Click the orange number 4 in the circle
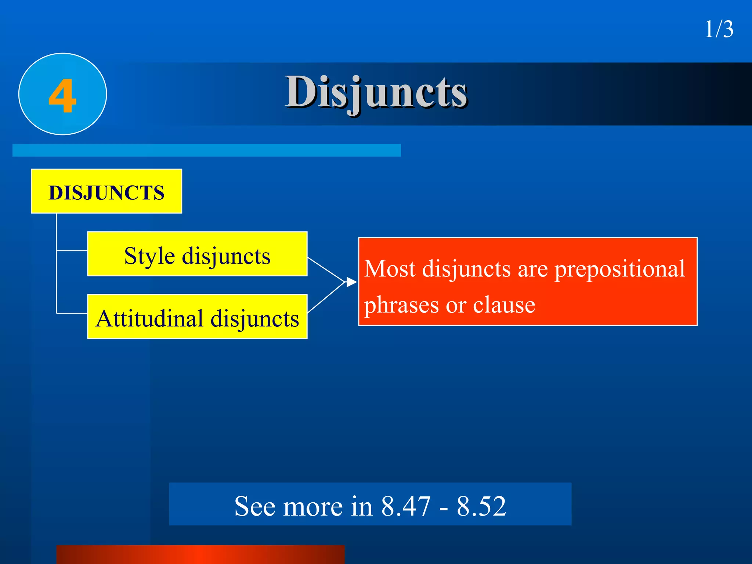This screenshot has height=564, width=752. tap(62, 96)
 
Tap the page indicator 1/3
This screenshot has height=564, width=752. tap(719, 29)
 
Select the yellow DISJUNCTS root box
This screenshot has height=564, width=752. tap(106, 192)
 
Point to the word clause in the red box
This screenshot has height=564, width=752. tap(504, 305)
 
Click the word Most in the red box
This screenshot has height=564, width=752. tap(390, 269)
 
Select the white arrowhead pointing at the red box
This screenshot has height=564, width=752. tap(351, 282)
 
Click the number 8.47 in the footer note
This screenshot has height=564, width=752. tap(406, 506)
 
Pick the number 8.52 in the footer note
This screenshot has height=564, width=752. tap(481, 506)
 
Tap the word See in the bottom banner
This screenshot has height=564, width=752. tap(254, 506)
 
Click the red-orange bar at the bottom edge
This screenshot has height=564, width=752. tap(200, 555)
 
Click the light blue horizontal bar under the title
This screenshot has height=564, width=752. tap(206, 150)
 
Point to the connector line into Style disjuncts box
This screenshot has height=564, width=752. tap(72, 251)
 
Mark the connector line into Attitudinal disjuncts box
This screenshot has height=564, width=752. tap(72, 313)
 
